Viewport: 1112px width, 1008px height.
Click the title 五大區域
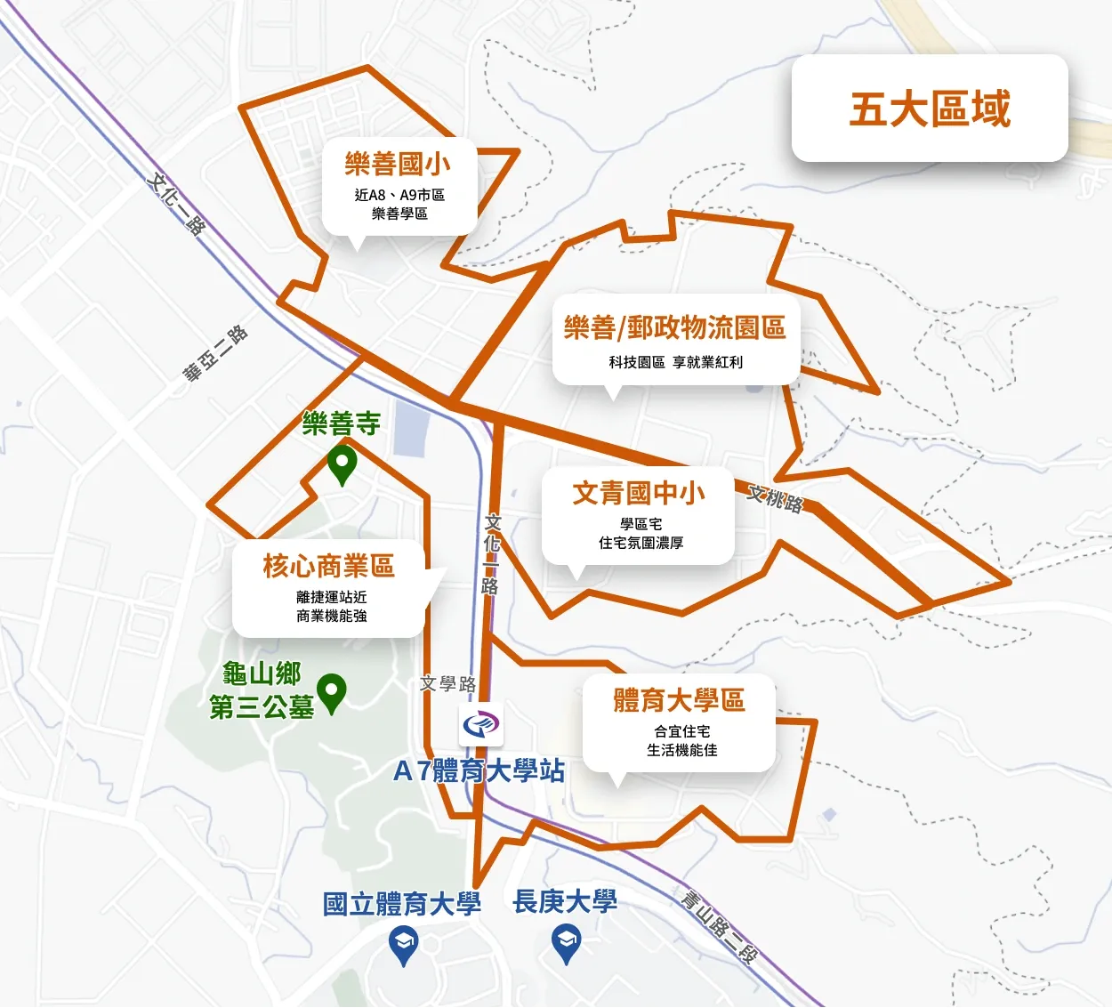[930, 109]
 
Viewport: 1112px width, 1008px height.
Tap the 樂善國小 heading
[398, 164]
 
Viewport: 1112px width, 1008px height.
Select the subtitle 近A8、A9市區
[399, 195]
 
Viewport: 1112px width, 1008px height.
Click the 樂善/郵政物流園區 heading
[674, 328]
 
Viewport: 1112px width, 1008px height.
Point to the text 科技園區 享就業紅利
[675, 362]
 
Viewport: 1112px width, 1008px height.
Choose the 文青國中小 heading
[639, 493]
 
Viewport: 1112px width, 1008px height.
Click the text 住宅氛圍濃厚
[641, 543]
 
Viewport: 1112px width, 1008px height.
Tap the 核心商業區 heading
[328, 566]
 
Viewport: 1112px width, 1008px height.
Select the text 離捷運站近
[331, 597]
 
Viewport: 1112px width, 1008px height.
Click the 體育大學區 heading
[679, 700]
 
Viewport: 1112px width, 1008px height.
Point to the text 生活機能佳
[681, 750]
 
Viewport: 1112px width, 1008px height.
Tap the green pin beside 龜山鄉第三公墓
[332, 693]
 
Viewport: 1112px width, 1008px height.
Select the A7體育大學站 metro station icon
[481, 725]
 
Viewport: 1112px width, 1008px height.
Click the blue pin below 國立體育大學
[404, 945]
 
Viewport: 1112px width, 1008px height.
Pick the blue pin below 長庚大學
[566, 943]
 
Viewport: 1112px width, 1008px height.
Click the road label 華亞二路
[215, 354]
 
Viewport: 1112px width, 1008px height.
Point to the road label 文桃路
[775, 498]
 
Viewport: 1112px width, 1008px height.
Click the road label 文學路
[448, 683]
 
